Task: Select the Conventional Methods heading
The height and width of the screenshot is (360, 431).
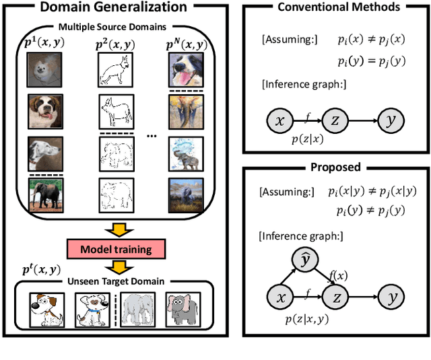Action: coord(338,7)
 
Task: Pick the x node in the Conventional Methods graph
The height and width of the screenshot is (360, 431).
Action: coord(279,120)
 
